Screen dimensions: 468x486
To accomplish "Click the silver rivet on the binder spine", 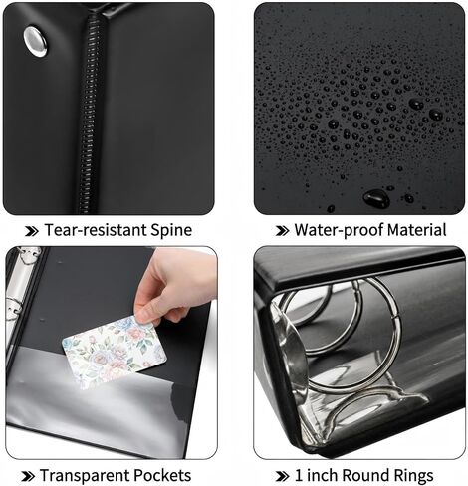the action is click(35, 41).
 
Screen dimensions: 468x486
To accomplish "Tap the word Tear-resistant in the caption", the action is click(96, 230).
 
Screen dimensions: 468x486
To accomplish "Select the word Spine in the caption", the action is click(171, 231).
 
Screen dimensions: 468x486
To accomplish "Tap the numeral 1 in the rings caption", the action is click(299, 475).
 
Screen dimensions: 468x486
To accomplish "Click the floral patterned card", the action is click(114, 352).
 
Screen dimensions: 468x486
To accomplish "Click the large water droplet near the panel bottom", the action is click(376, 198).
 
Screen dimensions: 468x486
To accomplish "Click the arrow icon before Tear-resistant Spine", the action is click(32, 231).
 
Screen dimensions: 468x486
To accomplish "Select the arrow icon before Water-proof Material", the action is click(283, 231).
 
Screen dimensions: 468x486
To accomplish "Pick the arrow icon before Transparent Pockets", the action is click(28, 477).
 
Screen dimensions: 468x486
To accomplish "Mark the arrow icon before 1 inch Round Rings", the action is click(283, 477).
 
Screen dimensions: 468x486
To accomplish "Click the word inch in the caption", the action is click(322, 475).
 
